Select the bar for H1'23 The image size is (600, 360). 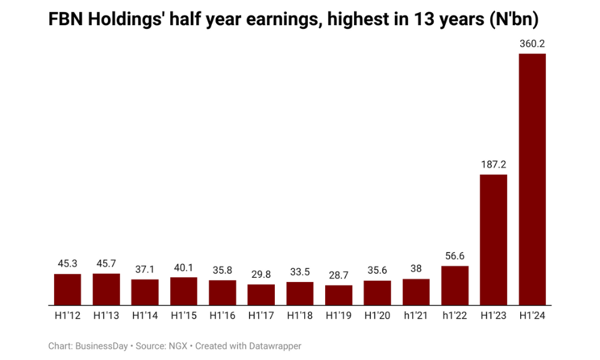click(493, 239)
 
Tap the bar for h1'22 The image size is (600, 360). click(455, 285)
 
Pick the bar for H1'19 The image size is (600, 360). click(338, 295)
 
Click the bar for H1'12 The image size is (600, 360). click(67, 289)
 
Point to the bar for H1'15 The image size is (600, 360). click(184, 291)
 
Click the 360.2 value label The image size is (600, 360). click(532, 44)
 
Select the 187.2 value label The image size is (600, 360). click(493, 164)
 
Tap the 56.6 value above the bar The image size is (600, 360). click(455, 256)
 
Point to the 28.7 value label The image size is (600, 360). click(338, 275)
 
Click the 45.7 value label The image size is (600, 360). click(106, 263)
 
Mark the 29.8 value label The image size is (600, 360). click(261, 274)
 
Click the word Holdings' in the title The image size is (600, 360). click(124, 20)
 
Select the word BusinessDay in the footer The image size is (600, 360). click(102, 346)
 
